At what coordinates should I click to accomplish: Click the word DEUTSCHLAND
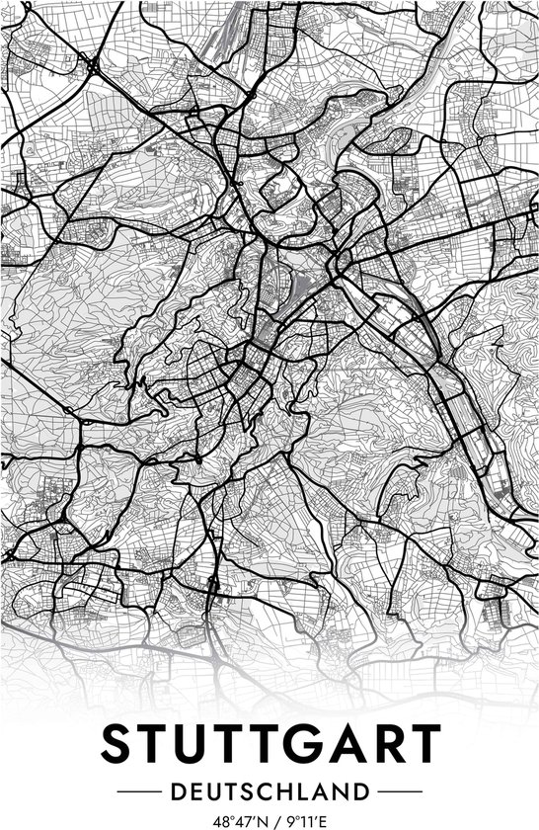coord(269,791)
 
